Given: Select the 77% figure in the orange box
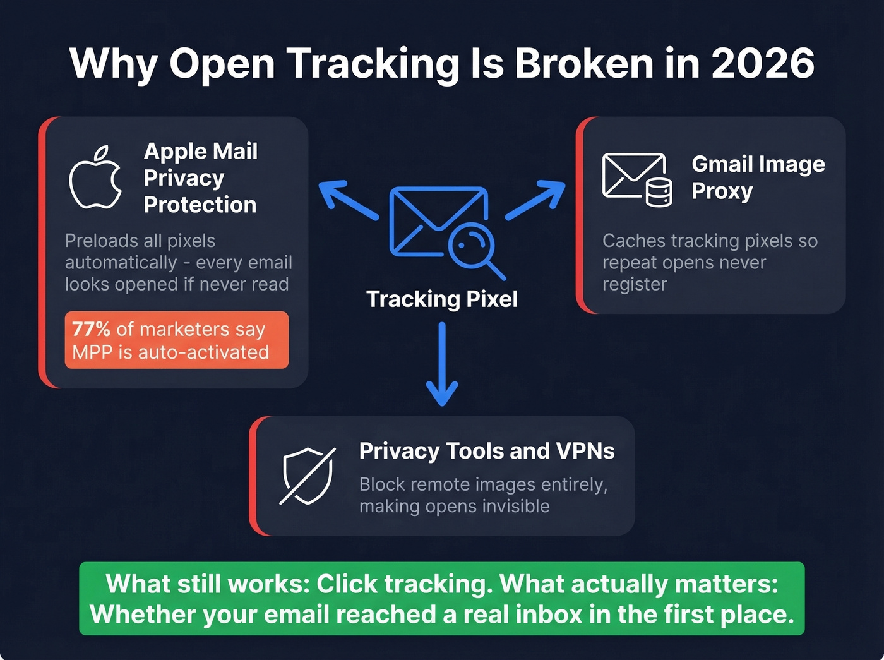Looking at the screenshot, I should (x=91, y=329).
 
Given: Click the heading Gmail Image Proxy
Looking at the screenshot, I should (x=758, y=177).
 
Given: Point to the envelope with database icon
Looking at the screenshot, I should (x=636, y=179).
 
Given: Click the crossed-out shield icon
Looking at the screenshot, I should (x=308, y=476).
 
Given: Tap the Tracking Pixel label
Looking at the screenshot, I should (x=442, y=299).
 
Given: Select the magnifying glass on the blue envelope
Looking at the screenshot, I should (x=474, y=248).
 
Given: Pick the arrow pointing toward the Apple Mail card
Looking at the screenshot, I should (x=347, y=200).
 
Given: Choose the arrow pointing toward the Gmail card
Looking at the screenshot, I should (x=536, y=200).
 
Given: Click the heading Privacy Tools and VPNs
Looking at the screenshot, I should (x=487, y=451).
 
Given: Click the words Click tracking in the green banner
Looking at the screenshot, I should (x=404, y=584).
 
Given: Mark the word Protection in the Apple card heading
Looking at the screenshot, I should (x=200, y=205).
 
